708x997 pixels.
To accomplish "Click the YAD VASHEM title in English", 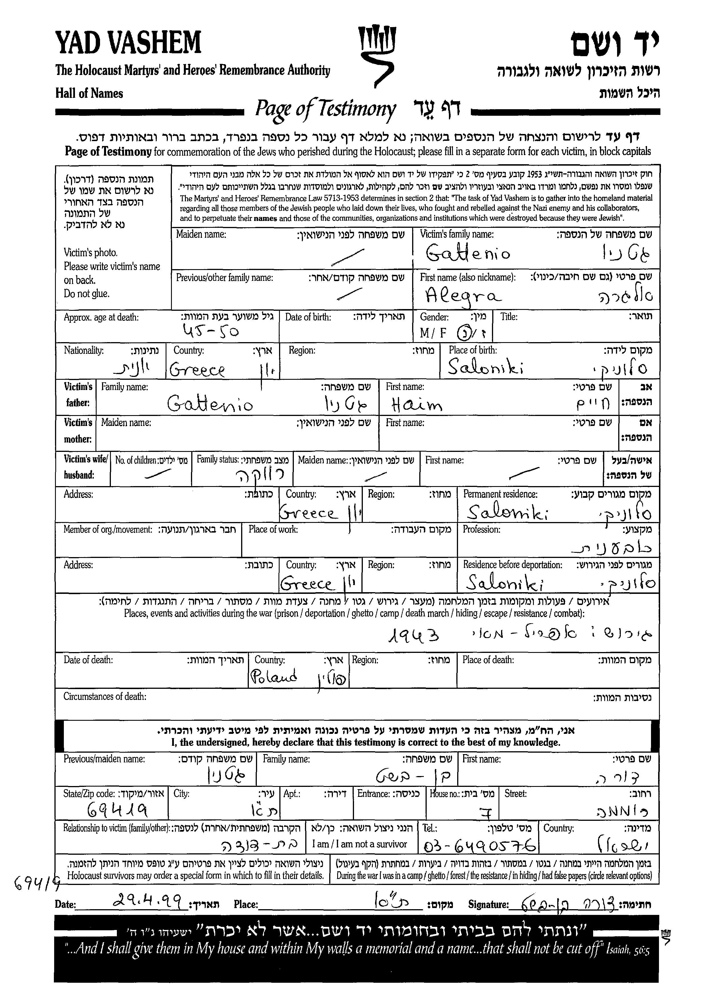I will pos(128,43).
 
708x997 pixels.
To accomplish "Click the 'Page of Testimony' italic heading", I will pos(325,109).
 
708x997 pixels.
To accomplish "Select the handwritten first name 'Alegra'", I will pos(463,297).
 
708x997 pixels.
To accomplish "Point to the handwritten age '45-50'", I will pos(211,332).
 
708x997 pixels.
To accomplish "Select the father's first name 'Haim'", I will pos(416,406).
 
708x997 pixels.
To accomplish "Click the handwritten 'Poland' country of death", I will pos(274,677).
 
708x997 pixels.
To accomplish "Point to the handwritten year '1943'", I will pos(413,635).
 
